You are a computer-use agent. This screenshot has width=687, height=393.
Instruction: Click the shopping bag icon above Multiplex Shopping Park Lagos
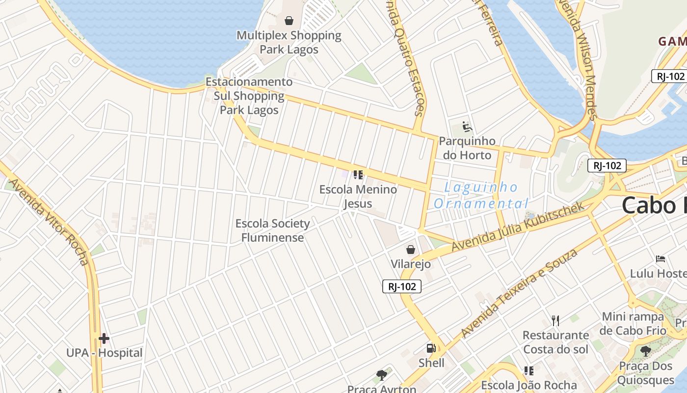[x=289, y=21]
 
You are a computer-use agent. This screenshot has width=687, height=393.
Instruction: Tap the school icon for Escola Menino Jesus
[x=358, y=175]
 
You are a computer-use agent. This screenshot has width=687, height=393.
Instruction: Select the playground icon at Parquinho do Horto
[x=467, y=127]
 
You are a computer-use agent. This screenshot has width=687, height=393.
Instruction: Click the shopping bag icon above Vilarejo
[x=411, y=250]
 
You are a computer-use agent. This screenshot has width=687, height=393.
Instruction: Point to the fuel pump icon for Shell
[x=431, y=348]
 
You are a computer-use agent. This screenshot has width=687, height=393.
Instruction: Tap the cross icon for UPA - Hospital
[x=104, y=338]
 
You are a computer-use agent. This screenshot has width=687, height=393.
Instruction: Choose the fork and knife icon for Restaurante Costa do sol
[x=555, y=321]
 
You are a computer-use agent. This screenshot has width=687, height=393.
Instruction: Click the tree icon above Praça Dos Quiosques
[x=645, y=351]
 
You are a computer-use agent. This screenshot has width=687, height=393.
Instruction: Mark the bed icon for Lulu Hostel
[x=661, y=259]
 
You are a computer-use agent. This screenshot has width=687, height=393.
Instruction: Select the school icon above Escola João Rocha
[x=528, y=370]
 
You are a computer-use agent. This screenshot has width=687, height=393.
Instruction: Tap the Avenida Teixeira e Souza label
[x=520, y=293]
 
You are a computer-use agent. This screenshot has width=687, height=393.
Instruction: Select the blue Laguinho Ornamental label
[x=481, y=195]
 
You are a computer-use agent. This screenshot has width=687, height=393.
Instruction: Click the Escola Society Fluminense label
[x=272, y=230]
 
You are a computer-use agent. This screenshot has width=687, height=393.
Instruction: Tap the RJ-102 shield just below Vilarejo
[x=402, y=287]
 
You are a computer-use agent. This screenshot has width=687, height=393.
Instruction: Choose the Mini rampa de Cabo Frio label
[x=633, y=323]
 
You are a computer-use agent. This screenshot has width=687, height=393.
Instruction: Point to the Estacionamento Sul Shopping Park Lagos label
[x=249, y=96]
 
